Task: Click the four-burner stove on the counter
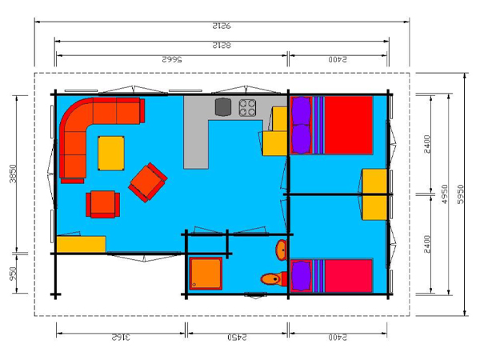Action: [247, 106]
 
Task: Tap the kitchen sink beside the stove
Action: [222, 106]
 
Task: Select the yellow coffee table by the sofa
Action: [111, 152]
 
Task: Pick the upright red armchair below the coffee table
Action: [103, 204]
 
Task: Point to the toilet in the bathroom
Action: [273, 279]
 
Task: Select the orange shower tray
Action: [206, 273]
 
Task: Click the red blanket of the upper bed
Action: [348, 125]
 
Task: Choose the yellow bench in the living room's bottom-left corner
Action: [81, 244]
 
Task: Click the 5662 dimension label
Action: [174, 60]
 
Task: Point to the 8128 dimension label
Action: [222, 44]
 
